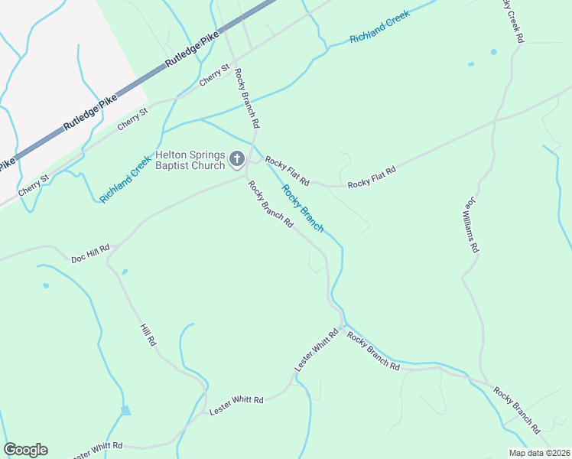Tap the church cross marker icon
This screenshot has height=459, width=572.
tap(237, 159)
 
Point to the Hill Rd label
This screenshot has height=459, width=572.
tap(148, 335)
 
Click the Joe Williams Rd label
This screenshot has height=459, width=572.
tap(470, 227)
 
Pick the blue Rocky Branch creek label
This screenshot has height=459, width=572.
tap(303, 208)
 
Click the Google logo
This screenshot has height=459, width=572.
tap(25, 450)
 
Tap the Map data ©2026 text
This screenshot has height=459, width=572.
tap(540, 453)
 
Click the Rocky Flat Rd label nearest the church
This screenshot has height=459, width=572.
tap(287, 171)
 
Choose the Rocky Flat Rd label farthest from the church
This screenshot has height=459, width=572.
tap(372, 178)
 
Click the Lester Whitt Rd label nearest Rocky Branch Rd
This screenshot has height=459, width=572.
tap(317, 350)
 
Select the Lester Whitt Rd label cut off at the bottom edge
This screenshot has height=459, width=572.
tap(98, 451)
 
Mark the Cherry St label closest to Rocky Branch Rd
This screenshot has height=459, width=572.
tap(214, 75)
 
